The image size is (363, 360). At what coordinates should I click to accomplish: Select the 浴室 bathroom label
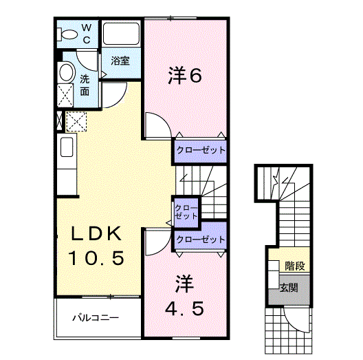(121, 61)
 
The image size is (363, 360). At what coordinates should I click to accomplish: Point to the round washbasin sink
(66, 72)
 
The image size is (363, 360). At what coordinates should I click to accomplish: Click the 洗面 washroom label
(85, 84)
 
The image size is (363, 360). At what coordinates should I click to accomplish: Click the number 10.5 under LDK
(96, 259)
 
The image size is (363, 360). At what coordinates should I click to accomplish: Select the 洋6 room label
(185, 76)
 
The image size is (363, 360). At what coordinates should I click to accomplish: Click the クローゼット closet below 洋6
(199, 149)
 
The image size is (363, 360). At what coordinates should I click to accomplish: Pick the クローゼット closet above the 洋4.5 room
(200, 240)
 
